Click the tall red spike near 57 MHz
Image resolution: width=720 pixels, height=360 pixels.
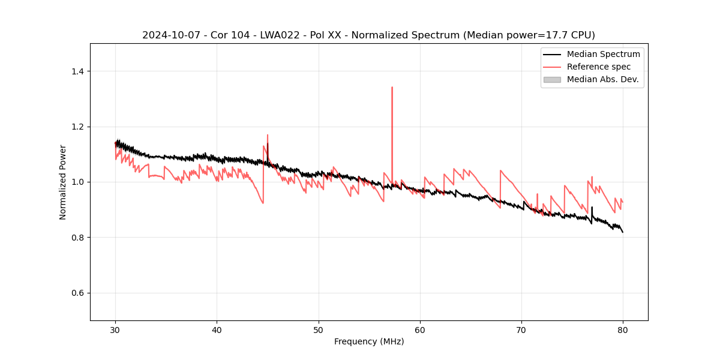click(392, 88)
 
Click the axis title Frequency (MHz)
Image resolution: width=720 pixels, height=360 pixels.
click(369, 341)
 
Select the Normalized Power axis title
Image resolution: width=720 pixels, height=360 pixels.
click(63, 182)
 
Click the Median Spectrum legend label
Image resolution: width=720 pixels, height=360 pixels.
click(603, 54)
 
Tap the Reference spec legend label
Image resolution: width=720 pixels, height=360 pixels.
click(599, 67)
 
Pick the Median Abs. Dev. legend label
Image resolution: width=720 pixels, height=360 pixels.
click(602, 79)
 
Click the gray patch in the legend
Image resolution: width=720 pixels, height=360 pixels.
click(552, 79)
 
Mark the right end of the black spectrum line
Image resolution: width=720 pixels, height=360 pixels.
click(623, 232)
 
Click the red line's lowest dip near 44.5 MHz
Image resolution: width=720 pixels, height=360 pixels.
click(263, 203)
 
